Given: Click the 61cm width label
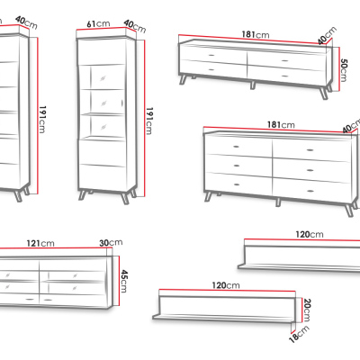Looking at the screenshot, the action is [98, 23].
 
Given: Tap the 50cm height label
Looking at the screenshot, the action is [344, 70].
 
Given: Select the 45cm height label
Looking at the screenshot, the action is [123, 281].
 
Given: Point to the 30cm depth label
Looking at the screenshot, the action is [111, 242].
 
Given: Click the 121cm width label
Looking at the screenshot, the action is [40, 243].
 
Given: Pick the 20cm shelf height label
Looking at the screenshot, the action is [307, 310].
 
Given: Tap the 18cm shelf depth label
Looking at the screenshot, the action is [299, 334].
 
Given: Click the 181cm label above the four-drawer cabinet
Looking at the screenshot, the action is [256, 34].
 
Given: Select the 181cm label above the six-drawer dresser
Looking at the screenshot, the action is [281, 124].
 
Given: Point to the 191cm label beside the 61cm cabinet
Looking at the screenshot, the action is [149, 121].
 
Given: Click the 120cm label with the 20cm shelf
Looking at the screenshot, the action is [226, 285].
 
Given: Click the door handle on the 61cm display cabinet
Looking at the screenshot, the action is [122, 103].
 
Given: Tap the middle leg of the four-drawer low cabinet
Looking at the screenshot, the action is [253, 85].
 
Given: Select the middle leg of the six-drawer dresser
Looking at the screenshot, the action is [278, 202].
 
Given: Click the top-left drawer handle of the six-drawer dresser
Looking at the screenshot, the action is [237, 147].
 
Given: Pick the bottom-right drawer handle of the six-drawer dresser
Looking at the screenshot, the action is [310, 191].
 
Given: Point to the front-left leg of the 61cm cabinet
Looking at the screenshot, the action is [83, 195].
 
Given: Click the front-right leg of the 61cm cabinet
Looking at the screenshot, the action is [125, 198].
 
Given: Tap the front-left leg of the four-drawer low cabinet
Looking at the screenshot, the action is [183, 80].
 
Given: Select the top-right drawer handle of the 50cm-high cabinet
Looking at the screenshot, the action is [284, 61].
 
